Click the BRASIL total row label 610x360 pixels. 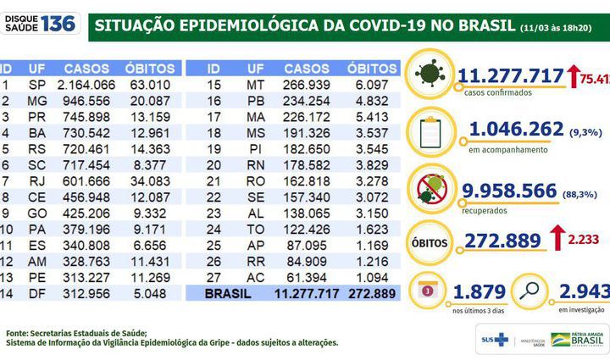tap(236, 293)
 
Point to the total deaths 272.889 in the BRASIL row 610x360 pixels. tap(371, 293)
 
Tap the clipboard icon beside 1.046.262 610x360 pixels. tap(432, 131)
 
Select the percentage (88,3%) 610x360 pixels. tap(581, 194)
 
